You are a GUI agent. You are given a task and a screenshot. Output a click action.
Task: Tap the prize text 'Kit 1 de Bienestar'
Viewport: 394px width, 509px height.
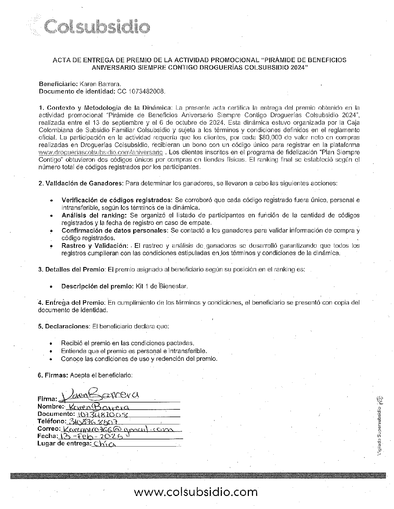(x=161, y=286)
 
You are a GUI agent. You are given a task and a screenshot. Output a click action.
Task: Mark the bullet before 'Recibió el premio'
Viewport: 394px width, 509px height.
(x=50, y=343)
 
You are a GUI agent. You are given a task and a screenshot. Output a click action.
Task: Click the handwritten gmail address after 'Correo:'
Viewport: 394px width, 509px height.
(x=118, y=429)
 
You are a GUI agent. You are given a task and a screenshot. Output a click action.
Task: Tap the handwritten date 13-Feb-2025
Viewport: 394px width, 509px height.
(x=92, y=436)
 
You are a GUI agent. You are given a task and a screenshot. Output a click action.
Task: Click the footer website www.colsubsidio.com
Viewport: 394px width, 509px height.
(x=196, y=492)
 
